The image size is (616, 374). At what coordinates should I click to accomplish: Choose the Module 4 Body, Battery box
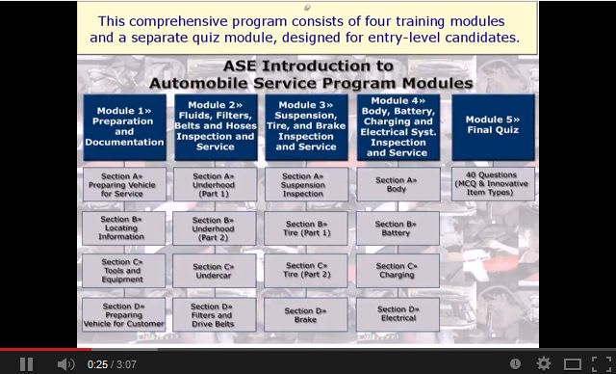(x=398, y=126)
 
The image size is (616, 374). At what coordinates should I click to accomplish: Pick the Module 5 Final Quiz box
(x=493, y=126)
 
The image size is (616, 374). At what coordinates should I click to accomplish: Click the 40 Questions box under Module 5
(x=493, y=183)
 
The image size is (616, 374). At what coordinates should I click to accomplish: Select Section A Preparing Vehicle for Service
(x=124, y=183)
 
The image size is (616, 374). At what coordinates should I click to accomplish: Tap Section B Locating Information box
(x=124, y=227)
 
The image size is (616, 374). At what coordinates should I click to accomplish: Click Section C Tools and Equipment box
(x=124, y=271)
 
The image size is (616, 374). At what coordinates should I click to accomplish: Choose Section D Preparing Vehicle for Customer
(x=124, y=315)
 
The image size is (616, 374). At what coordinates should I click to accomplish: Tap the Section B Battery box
(x=398, y=227)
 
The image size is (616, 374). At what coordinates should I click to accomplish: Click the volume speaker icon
(x=65, y=363)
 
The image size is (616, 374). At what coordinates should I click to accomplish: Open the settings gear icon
(x=544, y=363)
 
